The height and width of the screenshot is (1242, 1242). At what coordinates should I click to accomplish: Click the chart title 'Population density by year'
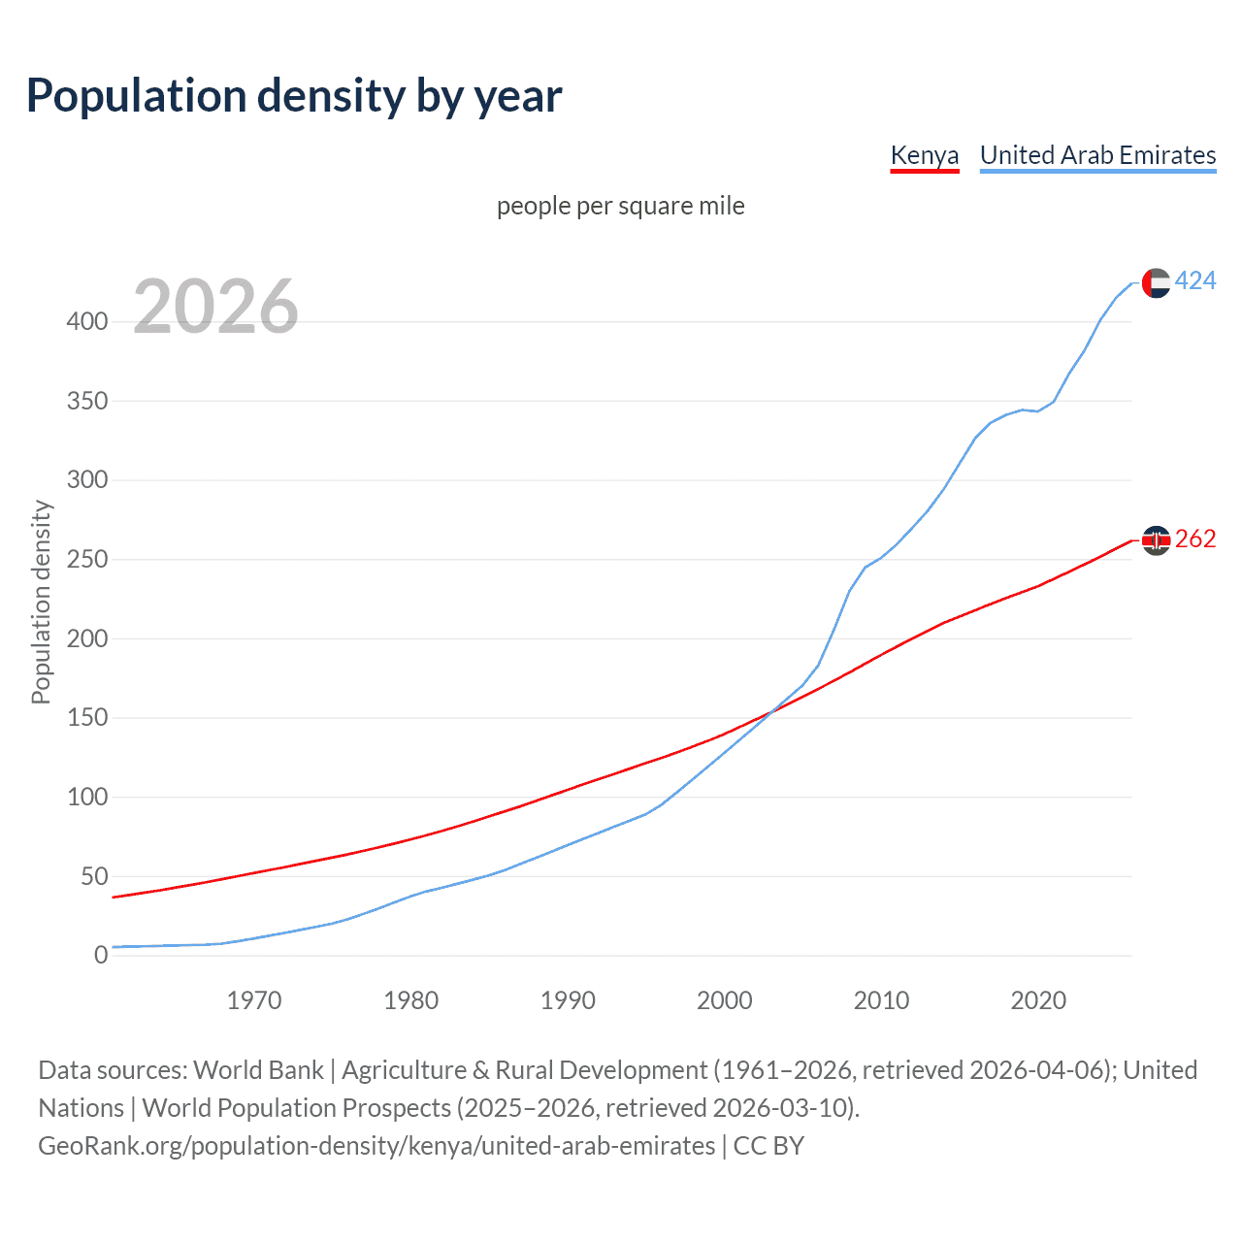294,96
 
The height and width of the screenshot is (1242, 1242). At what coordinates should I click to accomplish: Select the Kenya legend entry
925,155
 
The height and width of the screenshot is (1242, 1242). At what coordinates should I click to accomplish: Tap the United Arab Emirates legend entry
1097,155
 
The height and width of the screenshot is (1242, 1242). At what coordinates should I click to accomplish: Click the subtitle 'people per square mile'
620,206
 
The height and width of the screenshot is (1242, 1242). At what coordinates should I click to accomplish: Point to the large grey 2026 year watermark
215,307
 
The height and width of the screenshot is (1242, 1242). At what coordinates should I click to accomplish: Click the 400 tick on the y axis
87,321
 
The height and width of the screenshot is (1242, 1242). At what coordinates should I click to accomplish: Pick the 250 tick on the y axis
87,560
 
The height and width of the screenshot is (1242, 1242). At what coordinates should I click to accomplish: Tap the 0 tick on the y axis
101,956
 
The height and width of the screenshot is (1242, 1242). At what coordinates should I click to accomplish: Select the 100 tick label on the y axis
87,798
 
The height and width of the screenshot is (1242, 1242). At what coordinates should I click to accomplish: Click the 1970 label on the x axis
254,1000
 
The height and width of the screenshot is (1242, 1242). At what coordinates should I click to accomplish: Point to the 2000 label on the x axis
725,1000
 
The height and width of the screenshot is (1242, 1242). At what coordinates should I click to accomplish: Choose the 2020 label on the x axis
1038,1000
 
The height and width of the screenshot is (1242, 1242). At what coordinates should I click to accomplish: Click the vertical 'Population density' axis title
41,602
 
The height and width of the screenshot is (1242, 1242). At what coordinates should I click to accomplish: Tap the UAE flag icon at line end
1156,282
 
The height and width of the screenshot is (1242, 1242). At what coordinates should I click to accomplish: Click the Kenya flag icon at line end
1156,539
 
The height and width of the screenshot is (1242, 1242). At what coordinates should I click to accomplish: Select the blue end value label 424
1195,281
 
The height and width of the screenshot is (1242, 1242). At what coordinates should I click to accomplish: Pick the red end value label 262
1195,539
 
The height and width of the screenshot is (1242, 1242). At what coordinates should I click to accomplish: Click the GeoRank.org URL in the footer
376,1146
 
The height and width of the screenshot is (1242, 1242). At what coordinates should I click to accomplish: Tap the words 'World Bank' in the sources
258,1070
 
